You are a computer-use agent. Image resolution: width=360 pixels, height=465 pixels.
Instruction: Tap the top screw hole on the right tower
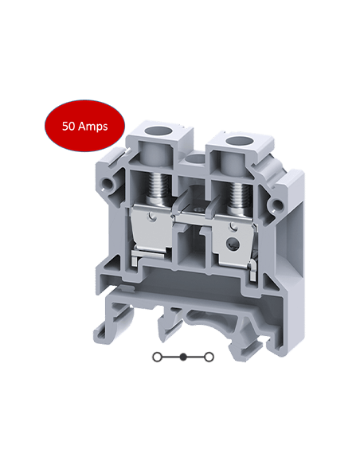coord(236,143)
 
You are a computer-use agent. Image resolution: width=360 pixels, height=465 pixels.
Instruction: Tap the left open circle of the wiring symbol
coord(158,357)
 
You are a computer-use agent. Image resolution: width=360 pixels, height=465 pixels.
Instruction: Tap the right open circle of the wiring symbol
coord(213,357)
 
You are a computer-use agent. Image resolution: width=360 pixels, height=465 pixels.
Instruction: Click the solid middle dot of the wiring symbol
coord(186,357)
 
